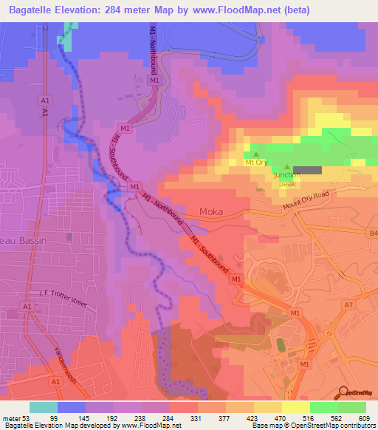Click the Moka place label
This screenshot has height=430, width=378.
click(212, 212)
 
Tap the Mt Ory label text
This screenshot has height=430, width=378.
click(256, 160)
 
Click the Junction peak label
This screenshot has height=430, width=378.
click(286, 180)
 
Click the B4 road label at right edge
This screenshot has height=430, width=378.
click(372, 233)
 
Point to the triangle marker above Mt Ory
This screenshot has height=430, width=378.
click(256, 153)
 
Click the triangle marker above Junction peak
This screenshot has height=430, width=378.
click(287, 168)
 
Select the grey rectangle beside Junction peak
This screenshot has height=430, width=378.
click(311, 170)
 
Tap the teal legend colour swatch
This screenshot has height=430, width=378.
click(44, 407)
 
